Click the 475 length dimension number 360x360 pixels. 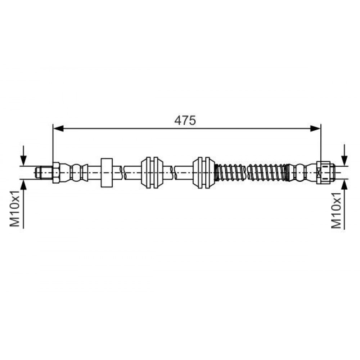pyautogui.click(x=185, y=120)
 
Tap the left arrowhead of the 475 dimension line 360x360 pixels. pyautogui.click(x=58, y=129)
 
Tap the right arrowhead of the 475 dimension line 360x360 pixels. pyautogui.click(x=315, y=129)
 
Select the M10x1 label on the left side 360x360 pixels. pyautogui.click(x=15, y=208)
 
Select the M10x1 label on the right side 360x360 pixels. pyautogui.click(x=336, y=210)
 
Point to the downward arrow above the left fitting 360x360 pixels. pyautogui.click(x=23, y=155)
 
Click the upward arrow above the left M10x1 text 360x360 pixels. pyautogui.click(x=23, y=204)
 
